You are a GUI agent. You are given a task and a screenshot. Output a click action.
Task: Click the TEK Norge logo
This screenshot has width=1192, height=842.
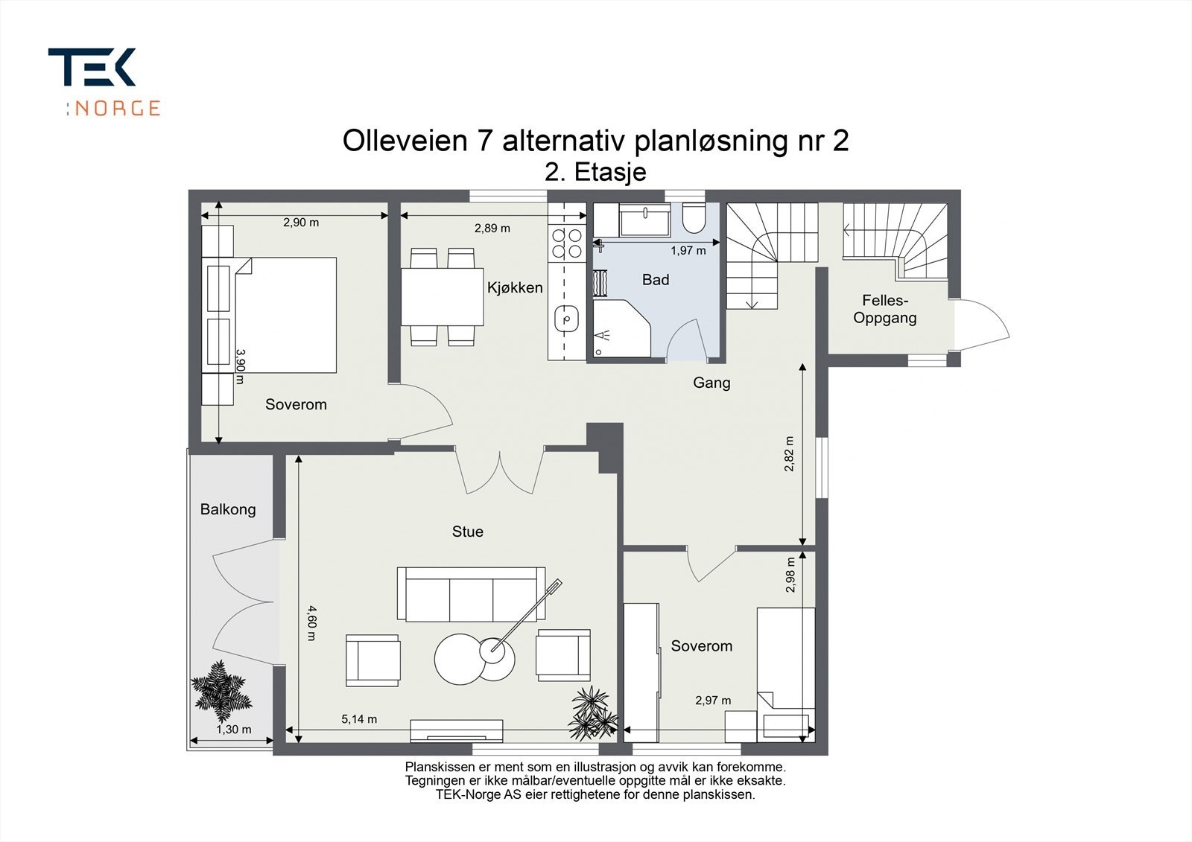pyautogui.click(x=104, y=81)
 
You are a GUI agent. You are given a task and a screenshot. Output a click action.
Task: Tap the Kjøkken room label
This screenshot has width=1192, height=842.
pyautogui.click(x=515, y=288)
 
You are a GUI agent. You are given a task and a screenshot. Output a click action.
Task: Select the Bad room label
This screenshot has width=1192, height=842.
pyautogui.click(x=655, y=280)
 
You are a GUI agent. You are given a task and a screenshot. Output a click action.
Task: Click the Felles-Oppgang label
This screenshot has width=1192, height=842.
pyautogui.click(x=884, y=309)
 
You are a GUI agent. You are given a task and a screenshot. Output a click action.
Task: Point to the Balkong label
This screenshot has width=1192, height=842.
pyautogui.click(x=228, y=509)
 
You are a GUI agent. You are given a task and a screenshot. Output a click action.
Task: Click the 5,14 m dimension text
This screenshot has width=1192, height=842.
pyautogui.click(x=359, y=719)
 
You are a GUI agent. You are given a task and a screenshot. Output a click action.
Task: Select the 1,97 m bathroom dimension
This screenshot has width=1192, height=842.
pyautogui.click(x=688, y=251)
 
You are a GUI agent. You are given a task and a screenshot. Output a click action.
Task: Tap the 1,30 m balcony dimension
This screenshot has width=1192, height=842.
pyautogui.click(x=234, y=730)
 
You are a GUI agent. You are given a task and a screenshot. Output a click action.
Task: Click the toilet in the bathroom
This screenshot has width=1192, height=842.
pyautogui.click(x=694, y=218)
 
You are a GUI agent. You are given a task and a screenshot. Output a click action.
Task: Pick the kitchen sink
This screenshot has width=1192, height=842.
pyautogui.click(x=567, y=319)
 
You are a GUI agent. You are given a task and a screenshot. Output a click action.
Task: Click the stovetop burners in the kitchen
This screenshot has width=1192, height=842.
pyautogui.click(x=567, y=243)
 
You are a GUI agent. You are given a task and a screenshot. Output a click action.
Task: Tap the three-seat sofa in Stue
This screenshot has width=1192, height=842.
pyautogui.click(x=471, y=593)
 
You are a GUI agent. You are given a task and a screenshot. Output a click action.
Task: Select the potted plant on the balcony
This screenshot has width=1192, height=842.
pyautogui.click(x=221, y=692)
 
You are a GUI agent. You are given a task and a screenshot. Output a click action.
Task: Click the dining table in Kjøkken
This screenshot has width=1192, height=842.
pyautogui.click(x=443, y=297)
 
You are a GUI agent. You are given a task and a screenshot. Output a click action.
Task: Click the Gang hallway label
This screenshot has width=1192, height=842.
pyautogui.click(x=711, y=383)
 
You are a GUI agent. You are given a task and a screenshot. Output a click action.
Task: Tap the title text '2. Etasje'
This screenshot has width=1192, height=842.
pyautogui.click(x=595, y=172)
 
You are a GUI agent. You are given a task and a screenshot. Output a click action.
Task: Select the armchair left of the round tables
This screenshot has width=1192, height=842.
pyautogui.click(x=373, y=660)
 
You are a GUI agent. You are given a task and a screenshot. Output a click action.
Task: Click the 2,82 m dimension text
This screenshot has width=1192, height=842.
pyautogui.click(x=789, y=453)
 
